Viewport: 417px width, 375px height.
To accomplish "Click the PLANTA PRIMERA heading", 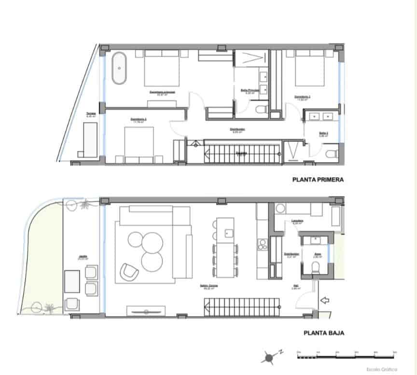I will click(x=318, y=180).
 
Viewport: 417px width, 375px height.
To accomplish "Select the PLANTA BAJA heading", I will click(x=323, y=333).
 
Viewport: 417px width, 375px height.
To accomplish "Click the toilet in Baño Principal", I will click(x=261, y=109).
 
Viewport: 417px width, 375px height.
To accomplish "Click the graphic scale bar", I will click(x=347, y=357).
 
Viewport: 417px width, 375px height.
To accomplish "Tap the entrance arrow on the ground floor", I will click(x=325, y=301).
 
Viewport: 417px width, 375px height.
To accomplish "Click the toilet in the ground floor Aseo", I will click(x=315, y=267).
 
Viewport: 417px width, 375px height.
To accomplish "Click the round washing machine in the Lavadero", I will click(x=280, y=208).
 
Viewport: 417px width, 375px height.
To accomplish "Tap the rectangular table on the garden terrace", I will click(x=72, y=281).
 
